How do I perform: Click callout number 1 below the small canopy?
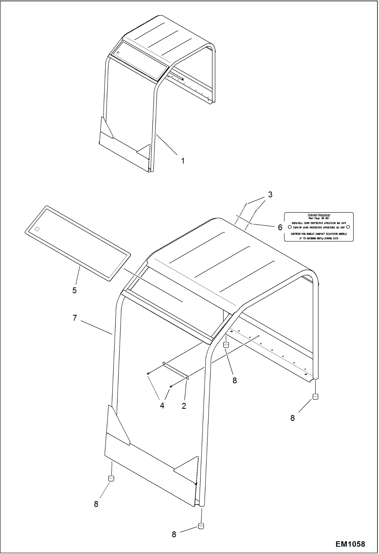183,161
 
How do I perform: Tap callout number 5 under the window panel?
74,290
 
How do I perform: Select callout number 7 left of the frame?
75,318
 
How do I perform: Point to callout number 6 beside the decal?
280,227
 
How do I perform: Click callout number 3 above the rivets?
270,195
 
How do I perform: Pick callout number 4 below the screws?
162,405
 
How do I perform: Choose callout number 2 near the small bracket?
184,406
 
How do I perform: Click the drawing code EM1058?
350,544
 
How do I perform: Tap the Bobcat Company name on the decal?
319,215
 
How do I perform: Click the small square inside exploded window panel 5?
37,229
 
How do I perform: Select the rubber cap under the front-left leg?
111,478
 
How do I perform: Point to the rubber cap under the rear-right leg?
315,397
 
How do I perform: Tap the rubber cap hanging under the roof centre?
226,345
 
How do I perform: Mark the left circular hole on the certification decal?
290,227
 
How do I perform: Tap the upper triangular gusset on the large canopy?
118,425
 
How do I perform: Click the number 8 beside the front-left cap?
96,504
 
